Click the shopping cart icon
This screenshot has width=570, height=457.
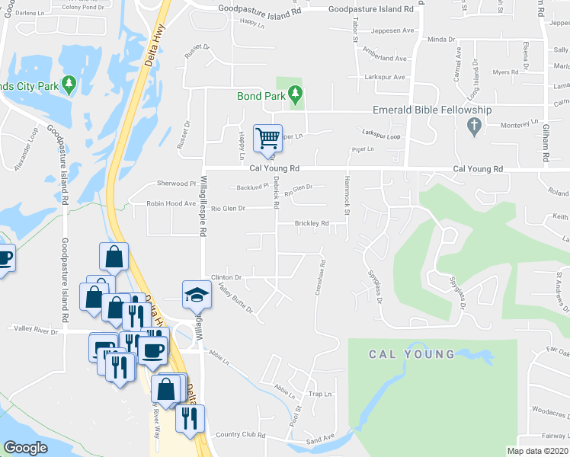[x=267, y=138]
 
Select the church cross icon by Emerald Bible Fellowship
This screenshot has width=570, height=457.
[x=473, y=124]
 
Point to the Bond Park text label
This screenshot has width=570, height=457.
[x=261, y=96]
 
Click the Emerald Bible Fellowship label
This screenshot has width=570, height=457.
[x=431, y=110]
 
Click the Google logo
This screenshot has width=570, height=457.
[x=25, y=448]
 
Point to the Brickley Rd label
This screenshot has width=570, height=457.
[x=312, y=223]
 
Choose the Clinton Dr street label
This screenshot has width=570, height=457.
[x=226, y=277]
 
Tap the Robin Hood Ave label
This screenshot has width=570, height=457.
[x=171, y=204]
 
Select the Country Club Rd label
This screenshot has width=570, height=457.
[x=240, y=435]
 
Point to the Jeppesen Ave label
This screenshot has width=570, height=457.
[x=392, y=31]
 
